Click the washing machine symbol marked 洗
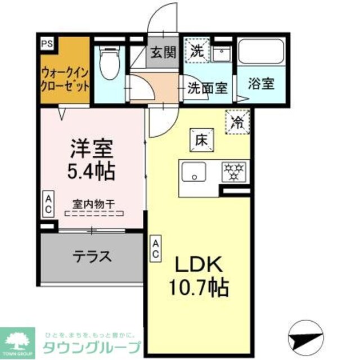tap(197, 51)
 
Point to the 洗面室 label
tap(208, 88)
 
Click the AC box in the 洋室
tap(48, 204)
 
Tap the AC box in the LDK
tap(155, 248)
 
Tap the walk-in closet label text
tap(65, 79)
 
